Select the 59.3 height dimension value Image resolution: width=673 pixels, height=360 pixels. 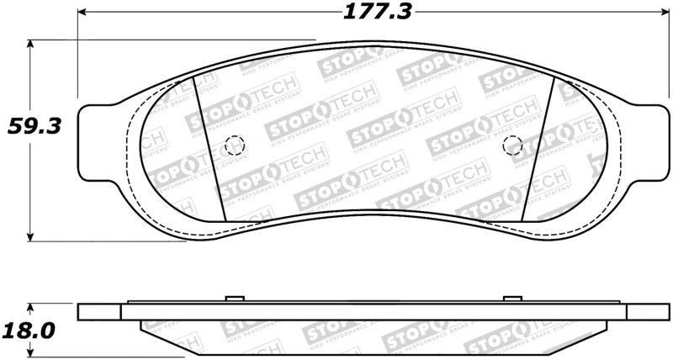pyautogui.click(x=29, y=127)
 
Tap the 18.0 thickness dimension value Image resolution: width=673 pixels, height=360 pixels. pyautogui.click(x=29, y=331)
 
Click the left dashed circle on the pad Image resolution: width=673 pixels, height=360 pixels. pyautogui.click(x=235, y=146)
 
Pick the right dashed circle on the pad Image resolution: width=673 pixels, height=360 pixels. pyautogui.click(x=511, y=146)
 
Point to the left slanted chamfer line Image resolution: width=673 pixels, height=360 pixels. pyautogui.click(x=209, y=147)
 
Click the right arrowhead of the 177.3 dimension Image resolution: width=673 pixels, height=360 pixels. pyautogui.click(x=660, y=13)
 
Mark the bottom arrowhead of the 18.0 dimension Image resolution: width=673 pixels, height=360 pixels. pyautogui.click(x=31, y=352)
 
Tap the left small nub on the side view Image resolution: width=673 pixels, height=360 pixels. pyautogui.click(x=235, y=299)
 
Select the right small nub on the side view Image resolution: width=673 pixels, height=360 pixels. pyautogui.click(x=511, y=299)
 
